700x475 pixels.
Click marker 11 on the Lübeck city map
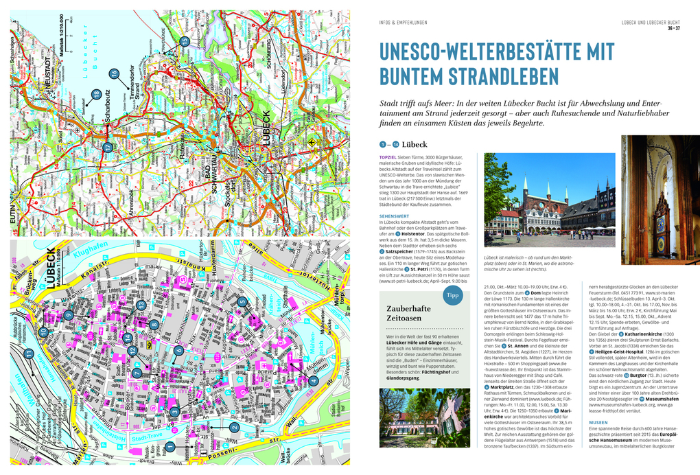29,354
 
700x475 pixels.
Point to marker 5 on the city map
242,301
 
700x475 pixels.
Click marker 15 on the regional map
184,41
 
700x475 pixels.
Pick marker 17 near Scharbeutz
107,147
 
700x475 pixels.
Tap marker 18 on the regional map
97,94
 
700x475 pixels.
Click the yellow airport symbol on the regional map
312,142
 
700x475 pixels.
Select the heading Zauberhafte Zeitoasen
408,315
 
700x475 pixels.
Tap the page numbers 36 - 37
673,28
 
